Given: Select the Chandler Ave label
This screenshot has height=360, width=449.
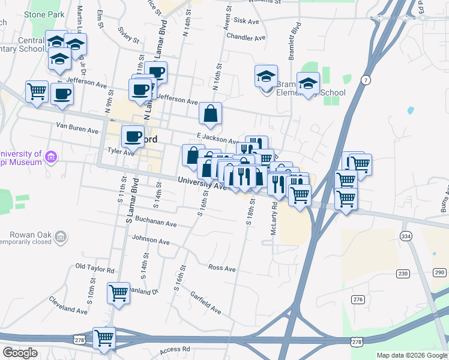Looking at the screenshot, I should tap(246, 37).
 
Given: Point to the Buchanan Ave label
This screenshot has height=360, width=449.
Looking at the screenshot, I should tap(155, 224).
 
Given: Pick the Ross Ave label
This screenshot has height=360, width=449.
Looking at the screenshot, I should tap(221, 268).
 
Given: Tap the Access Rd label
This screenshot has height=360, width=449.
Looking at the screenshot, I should tap(175, 349).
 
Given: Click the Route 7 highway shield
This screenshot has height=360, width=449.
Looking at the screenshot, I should tap(366, 80).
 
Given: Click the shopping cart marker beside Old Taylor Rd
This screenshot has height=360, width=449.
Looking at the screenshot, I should tap(118, 293).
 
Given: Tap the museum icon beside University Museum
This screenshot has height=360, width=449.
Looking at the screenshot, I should tap(51, 158).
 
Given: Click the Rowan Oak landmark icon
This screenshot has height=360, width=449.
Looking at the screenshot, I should tap(59, 238).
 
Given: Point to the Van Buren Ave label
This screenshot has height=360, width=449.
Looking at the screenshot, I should tap(77, 130).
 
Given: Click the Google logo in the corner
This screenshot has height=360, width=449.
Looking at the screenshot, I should tap(20, 353).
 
